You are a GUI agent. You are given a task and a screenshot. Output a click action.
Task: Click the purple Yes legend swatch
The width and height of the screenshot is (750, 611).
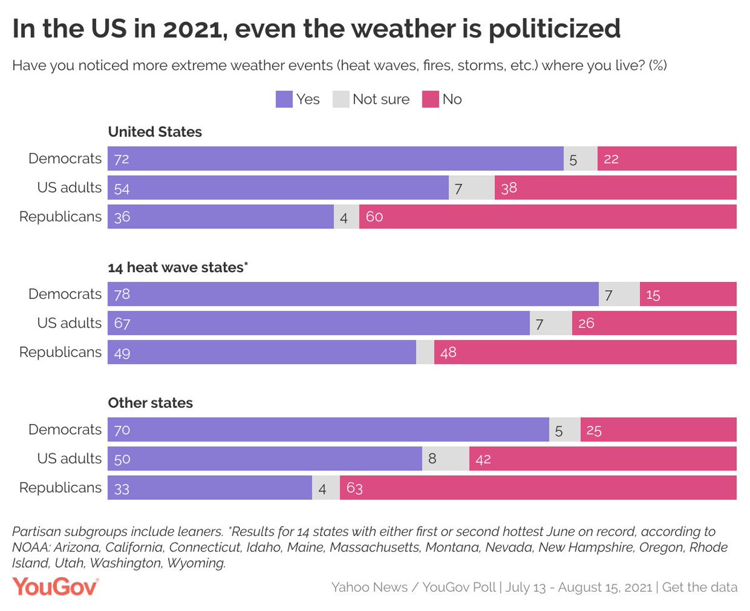(x=284, y=99)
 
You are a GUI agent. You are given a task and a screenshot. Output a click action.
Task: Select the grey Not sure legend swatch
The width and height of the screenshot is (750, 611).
(x=341, y=99)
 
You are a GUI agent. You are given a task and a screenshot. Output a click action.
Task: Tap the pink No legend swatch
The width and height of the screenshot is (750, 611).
(x=431, y=99)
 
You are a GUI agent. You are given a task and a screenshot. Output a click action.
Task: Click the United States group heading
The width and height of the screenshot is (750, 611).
(x=155, y=132)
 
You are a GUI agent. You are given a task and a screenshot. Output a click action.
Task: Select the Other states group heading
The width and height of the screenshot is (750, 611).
(x=151, y=403)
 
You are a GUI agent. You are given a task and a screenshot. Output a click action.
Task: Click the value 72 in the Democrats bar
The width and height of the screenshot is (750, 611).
(x=121, y=159)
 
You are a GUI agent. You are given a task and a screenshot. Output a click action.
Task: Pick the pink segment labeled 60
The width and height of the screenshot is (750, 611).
(x=547, y=217)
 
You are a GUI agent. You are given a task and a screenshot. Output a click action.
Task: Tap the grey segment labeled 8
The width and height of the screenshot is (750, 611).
(x=446, y=458)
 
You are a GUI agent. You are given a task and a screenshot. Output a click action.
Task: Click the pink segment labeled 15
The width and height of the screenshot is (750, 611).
(x=688, y=294)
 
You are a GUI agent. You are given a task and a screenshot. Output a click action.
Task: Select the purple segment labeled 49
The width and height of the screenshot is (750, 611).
(x=262, y=352)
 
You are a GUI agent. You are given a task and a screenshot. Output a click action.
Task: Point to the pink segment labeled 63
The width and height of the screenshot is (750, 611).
(x=538, y=488)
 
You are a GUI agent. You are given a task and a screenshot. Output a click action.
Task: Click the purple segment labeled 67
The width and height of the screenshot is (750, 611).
(x=319, y=323)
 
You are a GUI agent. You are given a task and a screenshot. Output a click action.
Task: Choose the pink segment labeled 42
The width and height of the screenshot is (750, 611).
(x=602, y=458)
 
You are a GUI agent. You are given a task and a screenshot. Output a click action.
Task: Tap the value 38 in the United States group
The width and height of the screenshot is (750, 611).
(x=509, y=188)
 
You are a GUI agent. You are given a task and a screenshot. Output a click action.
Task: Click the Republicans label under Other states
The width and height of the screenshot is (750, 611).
(x=61, y=488)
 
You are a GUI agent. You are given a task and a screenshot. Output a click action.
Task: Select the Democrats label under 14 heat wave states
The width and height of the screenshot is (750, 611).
(x=65, y=294)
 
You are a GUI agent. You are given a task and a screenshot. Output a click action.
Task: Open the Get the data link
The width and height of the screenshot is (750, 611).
(x=700, y=588)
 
